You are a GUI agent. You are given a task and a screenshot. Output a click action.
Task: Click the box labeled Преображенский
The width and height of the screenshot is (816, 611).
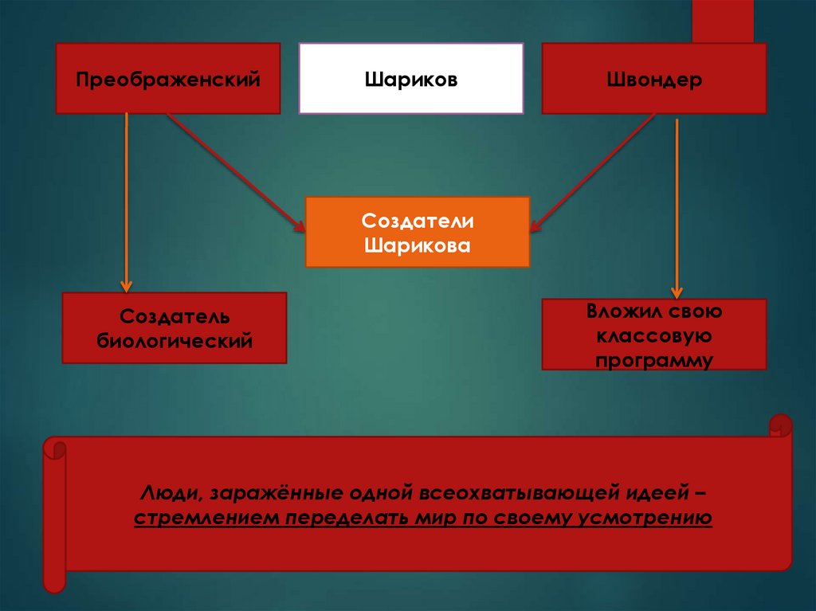click(x=167, y=78)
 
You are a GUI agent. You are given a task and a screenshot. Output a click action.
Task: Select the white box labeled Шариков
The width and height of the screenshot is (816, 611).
click(x=410, y=78)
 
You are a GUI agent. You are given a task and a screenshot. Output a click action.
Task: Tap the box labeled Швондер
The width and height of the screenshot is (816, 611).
click(x=653, y=78)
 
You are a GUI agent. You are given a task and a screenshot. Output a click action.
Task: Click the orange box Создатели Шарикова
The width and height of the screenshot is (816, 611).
click(x=417, y=231)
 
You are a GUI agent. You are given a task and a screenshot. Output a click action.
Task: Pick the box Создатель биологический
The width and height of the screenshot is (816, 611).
click(x=174, y=327)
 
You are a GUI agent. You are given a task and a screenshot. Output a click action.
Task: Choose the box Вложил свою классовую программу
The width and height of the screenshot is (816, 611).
click(x=653, y=334)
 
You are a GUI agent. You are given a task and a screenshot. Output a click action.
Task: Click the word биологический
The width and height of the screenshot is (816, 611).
click(x=175, y=341)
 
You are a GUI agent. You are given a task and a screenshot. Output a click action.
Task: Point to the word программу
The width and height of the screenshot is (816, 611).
click(x=654, y=359)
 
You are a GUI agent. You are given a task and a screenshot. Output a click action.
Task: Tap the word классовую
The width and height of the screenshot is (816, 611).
click(x=654, y=335)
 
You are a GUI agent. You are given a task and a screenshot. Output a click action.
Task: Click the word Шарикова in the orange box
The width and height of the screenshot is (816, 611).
click(x=417, y=244)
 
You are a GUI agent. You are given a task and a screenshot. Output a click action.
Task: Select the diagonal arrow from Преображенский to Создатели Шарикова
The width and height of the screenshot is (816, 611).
click(x=235, y=171)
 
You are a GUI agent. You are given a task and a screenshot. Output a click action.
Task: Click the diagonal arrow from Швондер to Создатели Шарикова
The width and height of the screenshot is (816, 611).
click(x=594, y=171)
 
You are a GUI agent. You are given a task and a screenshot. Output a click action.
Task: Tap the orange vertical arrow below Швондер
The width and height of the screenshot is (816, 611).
click(x=677, y=207)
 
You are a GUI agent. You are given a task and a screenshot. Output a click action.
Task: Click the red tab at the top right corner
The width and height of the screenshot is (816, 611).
click(x=722, y=21)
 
